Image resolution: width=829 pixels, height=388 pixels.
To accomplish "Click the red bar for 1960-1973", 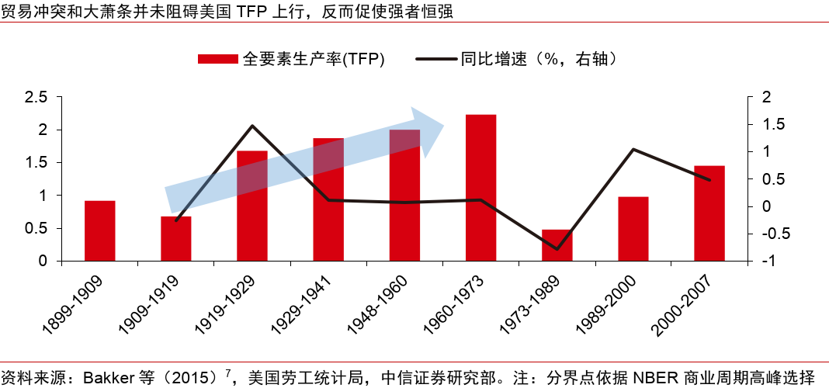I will pos(480,188).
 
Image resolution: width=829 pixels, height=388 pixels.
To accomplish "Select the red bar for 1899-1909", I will pos(100,230).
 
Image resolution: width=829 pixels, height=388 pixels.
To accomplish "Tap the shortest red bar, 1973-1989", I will pos(557,245).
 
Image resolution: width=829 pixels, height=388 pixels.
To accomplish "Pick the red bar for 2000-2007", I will pos(709,213).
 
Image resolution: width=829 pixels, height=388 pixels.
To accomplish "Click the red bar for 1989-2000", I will pos(633,229).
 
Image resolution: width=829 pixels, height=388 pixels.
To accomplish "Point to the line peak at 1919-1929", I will pos(252,126).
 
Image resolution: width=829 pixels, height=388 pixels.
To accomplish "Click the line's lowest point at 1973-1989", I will pos(557,249).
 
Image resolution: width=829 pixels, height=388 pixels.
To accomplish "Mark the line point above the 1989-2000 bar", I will pos(633,149).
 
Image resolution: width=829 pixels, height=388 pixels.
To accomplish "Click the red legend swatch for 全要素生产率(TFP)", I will pos(218,59).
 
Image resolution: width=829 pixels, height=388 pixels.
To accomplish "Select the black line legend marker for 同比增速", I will pos(438,59).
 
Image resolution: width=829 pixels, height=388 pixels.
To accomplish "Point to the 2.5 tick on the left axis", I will pos(36,97).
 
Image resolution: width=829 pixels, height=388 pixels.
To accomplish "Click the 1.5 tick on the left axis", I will pos(36,163).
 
